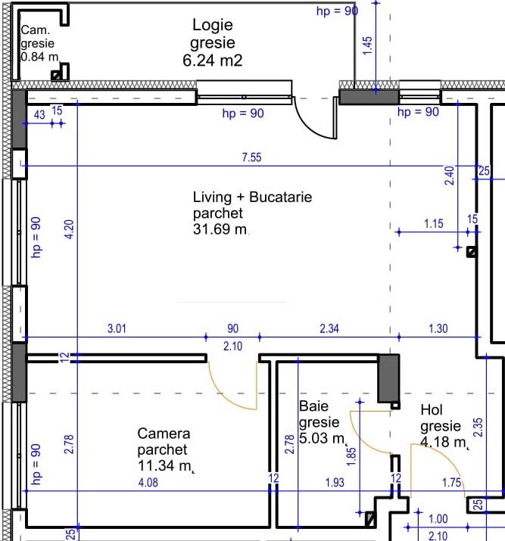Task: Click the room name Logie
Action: click(213, 25)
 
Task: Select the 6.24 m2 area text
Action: click(213, 61)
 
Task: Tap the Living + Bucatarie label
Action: click(252, 197)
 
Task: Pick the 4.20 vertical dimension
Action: click(68, 230)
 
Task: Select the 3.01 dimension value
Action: click(116, 328)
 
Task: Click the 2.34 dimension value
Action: click(330, 328)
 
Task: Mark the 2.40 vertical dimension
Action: click(449, 176)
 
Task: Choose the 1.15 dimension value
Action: click(433, 223)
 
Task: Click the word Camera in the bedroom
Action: click(164, 434)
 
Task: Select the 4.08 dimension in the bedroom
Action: click(148, 482)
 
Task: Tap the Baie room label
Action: click(313, 407)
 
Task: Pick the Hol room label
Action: click(431, 409)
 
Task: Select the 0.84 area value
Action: click(38, 57)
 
